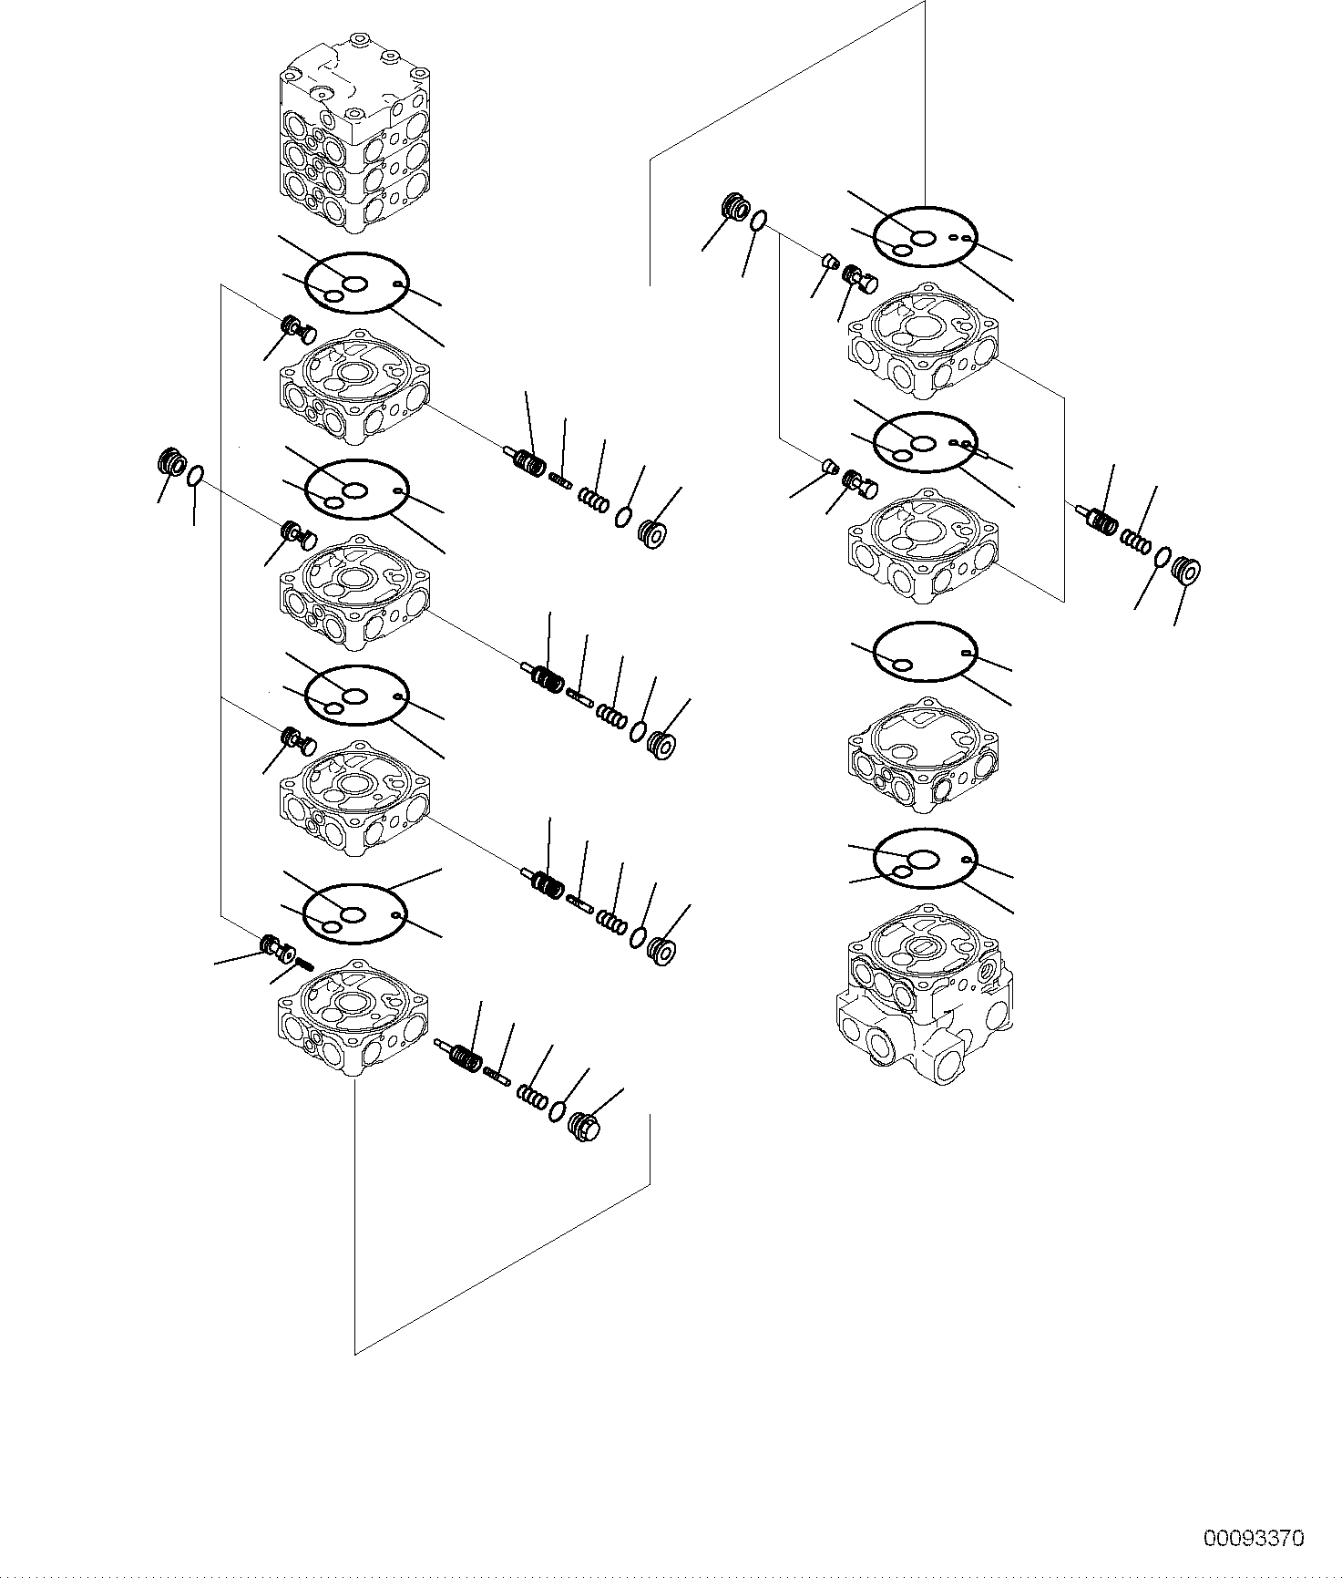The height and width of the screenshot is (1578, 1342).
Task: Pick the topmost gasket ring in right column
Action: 925,239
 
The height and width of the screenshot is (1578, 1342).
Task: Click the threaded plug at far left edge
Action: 170,462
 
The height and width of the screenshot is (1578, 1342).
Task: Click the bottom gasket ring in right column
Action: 924,859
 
